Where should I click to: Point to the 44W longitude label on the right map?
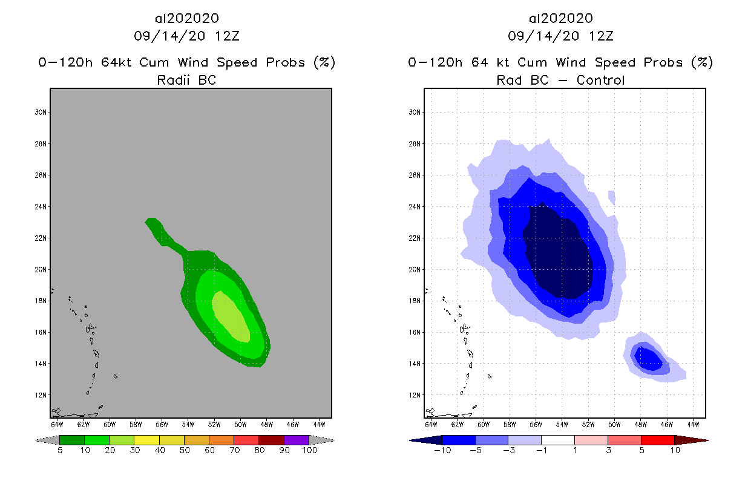click(x=694, y=423)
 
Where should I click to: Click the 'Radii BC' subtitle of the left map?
click(x=186, y=80)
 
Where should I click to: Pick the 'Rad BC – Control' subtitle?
click(x=560, y=80)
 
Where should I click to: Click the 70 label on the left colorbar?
click(x=234, y=451)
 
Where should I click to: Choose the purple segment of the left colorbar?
click(x=297, y=440)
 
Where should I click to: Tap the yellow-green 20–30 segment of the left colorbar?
click(x=122, y=440)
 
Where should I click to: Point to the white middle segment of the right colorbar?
click(x=557, y=440)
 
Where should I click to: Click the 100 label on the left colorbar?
click(x=309, y=451)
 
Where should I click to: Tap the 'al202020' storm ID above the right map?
click(x=560, y=19)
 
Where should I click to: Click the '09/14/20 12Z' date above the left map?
click(x=186, y=36)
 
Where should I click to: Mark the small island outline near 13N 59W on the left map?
click(x=115, y=376)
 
